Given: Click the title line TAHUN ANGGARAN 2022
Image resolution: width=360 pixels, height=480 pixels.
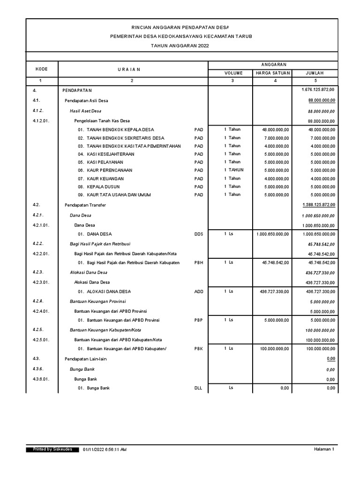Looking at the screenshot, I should tap(180, 45).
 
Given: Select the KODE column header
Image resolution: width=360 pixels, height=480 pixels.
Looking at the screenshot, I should tap(41, 69).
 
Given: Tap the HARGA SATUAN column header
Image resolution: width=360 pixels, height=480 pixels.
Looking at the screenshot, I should tap(273, 73).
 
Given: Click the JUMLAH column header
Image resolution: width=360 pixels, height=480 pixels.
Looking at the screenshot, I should tap(315, 73).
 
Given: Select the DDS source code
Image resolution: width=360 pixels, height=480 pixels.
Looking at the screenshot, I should tap(199, 234).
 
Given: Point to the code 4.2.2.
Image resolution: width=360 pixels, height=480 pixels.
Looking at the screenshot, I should tap(38, 244).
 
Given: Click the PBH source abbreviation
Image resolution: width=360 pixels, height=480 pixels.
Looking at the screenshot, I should tap(199, 263).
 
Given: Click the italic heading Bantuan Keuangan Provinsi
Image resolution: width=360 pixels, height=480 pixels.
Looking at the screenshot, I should tap(97, 301).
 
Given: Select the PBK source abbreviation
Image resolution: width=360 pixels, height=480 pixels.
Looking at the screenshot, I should tap(199, 349).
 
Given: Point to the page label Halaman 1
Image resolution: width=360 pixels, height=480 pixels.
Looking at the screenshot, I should tap(324, 450).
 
